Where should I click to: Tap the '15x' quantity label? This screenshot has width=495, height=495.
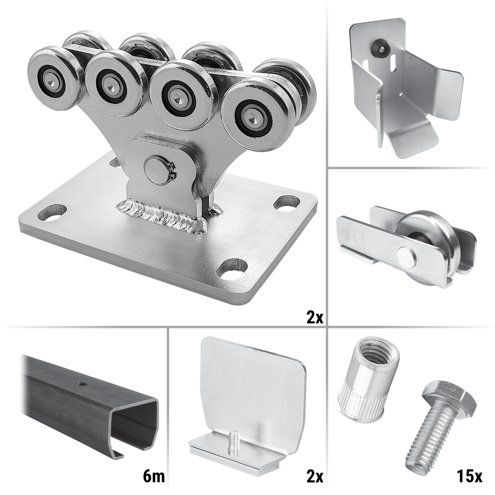tap(469, 476)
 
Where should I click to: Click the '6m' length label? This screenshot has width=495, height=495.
tap(154, 476)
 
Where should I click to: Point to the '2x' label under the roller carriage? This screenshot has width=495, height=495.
tap(315, 317)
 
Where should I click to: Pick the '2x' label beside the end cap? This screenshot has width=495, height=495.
tap(315, 476)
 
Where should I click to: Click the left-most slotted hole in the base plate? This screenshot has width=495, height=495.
tap(52, 213)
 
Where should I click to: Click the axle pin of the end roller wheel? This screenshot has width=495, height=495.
tap(406, 255)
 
